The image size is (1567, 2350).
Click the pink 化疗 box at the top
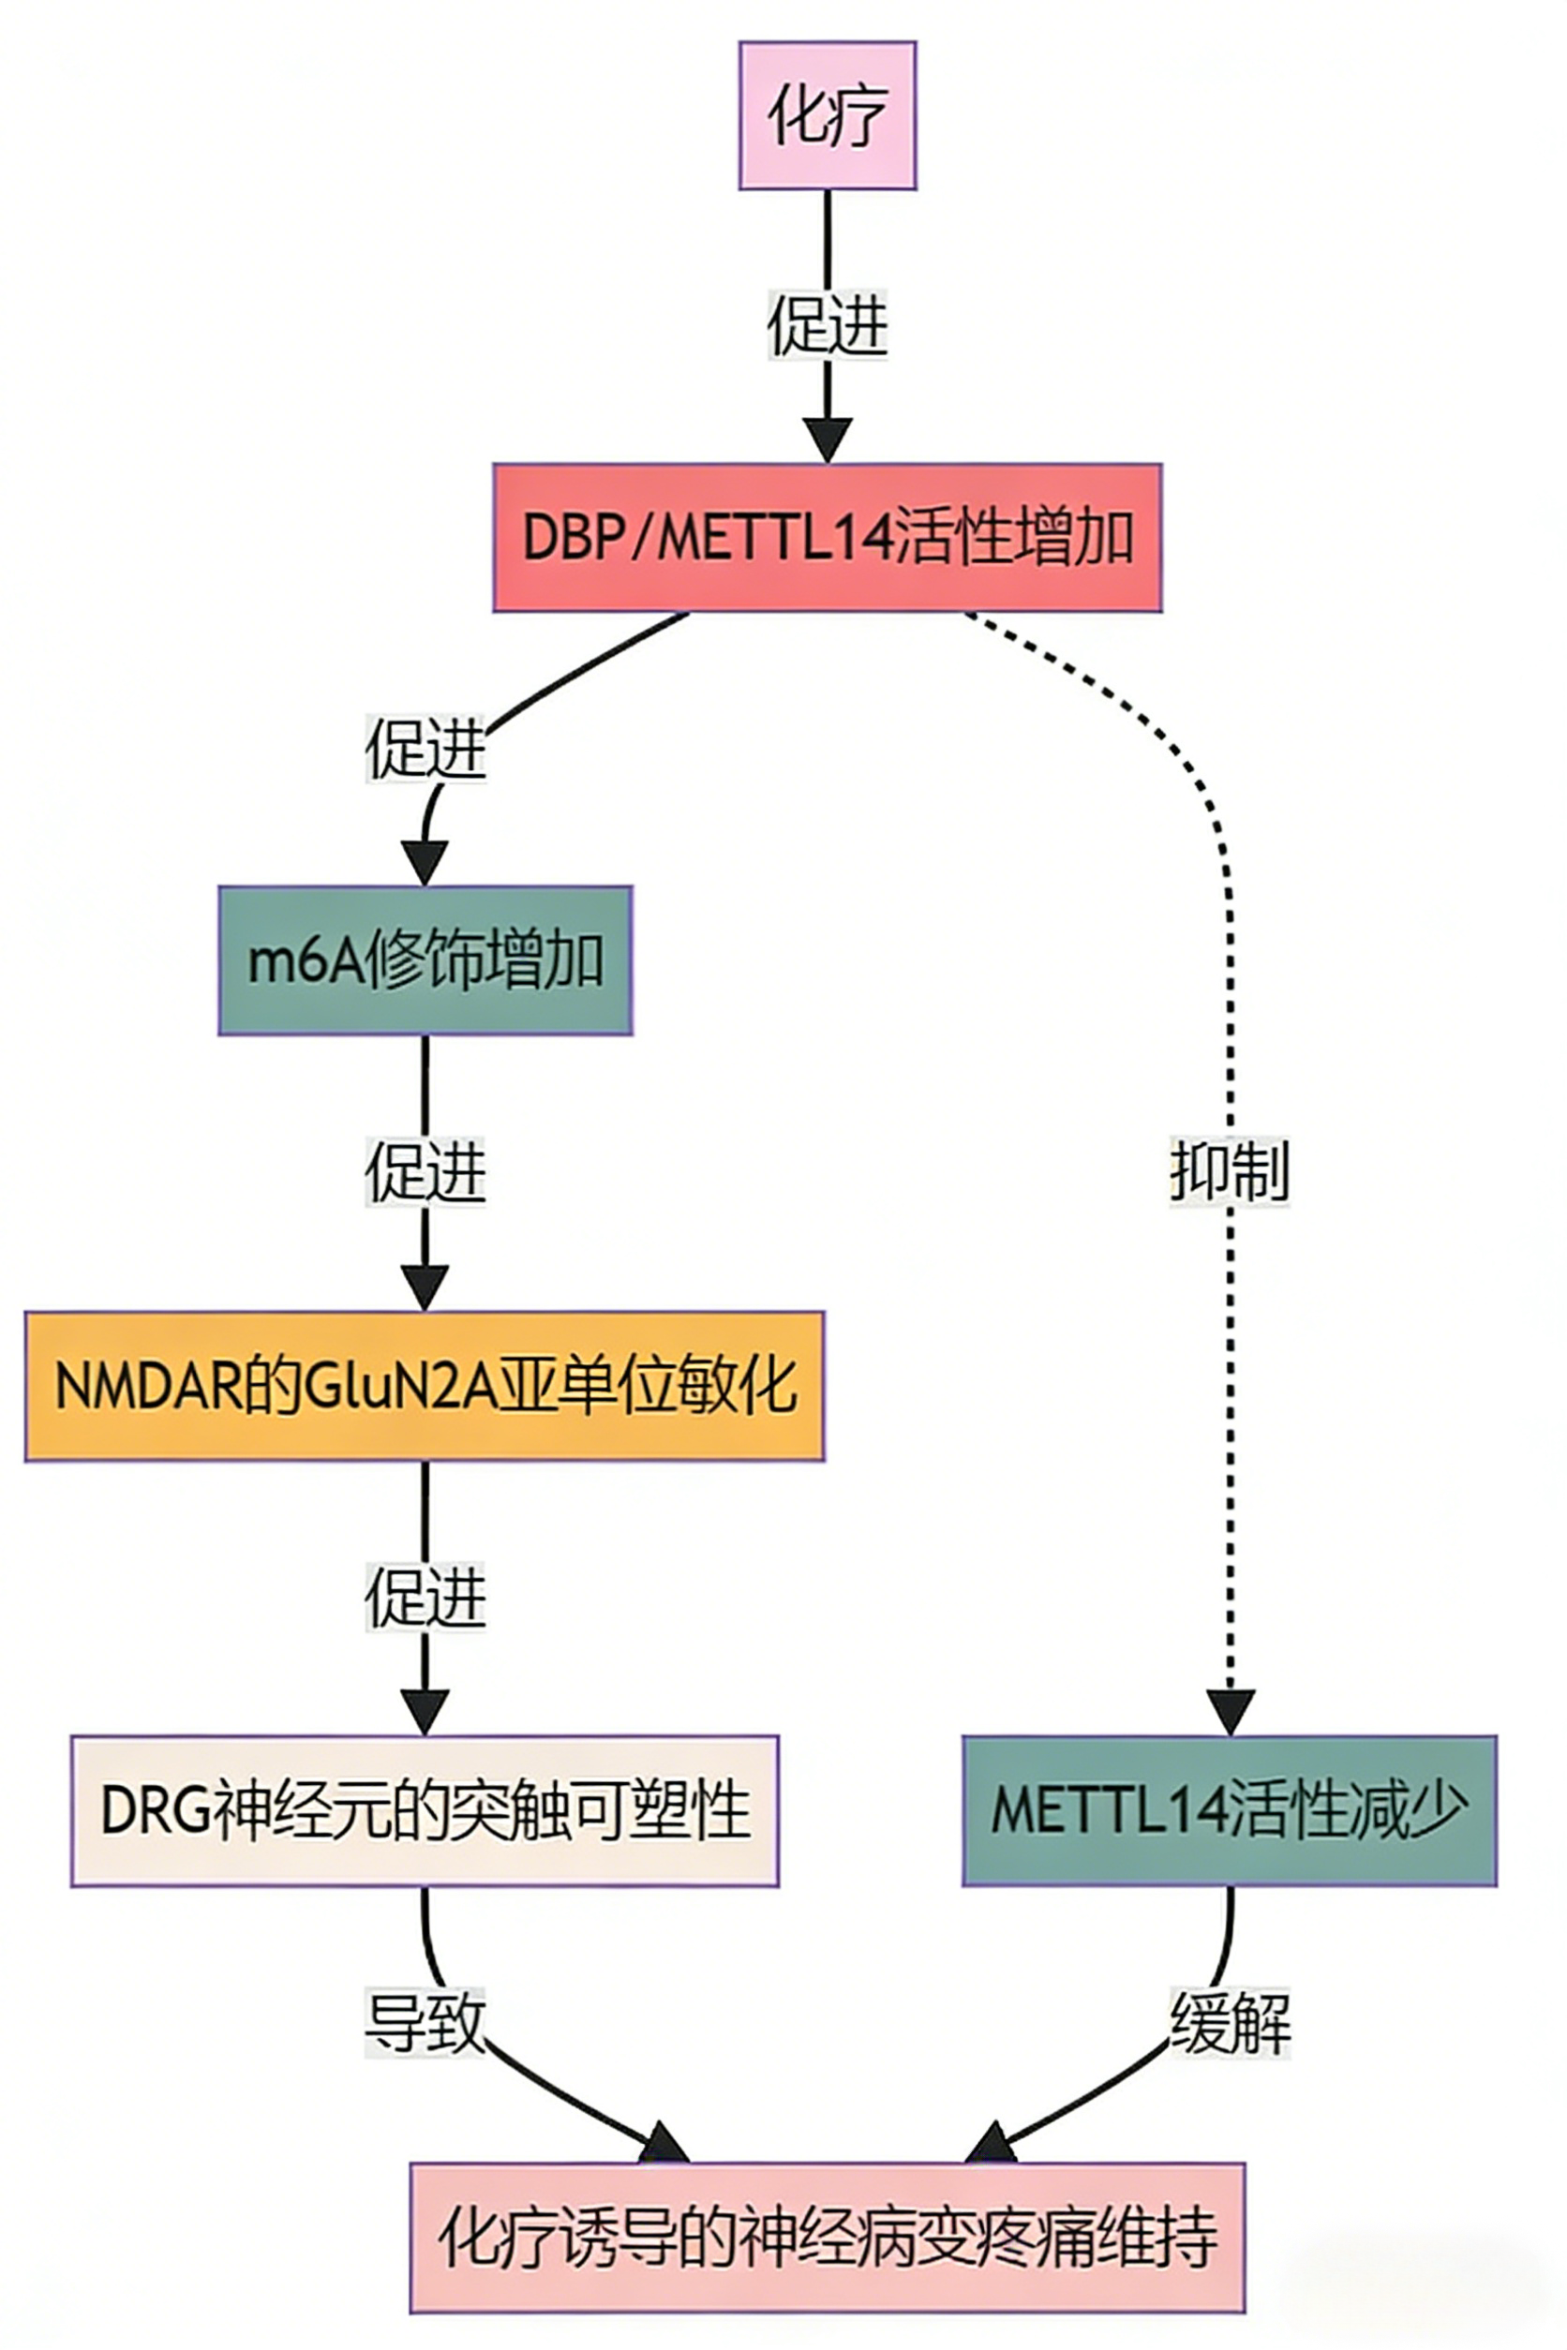tap(828, 115)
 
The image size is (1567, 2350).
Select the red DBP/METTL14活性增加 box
tap(828, 538)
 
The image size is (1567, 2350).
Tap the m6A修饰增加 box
tap(425, 960)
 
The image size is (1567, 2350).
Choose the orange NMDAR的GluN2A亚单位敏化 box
tap(425, 1386)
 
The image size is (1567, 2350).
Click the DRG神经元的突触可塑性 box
tap(425, 1810)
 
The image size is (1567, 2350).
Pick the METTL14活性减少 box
tap(1230, 1810)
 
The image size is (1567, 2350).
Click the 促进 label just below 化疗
tap(828, 325)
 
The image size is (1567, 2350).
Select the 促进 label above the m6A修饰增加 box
tap(425, 749)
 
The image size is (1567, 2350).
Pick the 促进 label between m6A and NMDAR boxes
tap(425, 1171)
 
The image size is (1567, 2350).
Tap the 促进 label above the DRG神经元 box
tap(425, 1597)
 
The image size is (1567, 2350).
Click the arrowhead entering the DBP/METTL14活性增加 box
tap(828, 439)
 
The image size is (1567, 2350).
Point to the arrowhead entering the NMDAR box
tap(425, 1287)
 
